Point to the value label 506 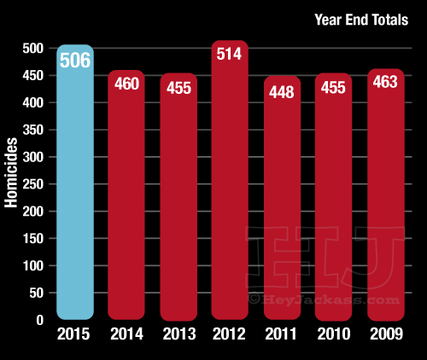pos(75,61)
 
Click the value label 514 pos(231,55)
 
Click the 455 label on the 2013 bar pos(178,89)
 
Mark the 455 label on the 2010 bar pos(334,89)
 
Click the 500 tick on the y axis pos(33,49)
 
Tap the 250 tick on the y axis pos(33,184)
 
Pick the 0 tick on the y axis pos(39,320)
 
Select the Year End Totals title pos(360,19)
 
